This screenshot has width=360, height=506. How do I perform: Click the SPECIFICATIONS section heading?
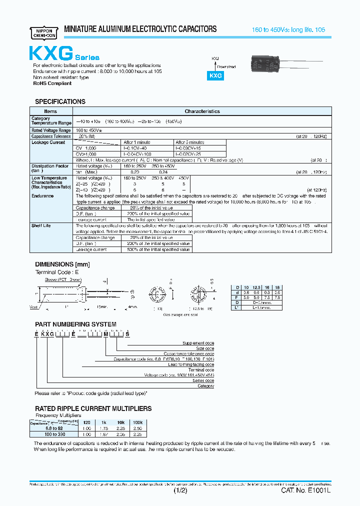coord(60,101)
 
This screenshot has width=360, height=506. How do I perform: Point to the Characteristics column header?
coord(202,111)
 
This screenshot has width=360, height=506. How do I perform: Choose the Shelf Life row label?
coord(41,225)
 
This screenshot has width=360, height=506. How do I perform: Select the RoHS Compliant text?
coord(52,83)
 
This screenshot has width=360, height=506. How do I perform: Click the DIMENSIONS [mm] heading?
coord(62,263)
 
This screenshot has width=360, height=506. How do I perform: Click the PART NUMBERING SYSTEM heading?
coord(75,324)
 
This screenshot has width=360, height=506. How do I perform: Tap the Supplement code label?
coord(198,343)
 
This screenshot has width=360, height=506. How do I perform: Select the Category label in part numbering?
coord(205,386)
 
